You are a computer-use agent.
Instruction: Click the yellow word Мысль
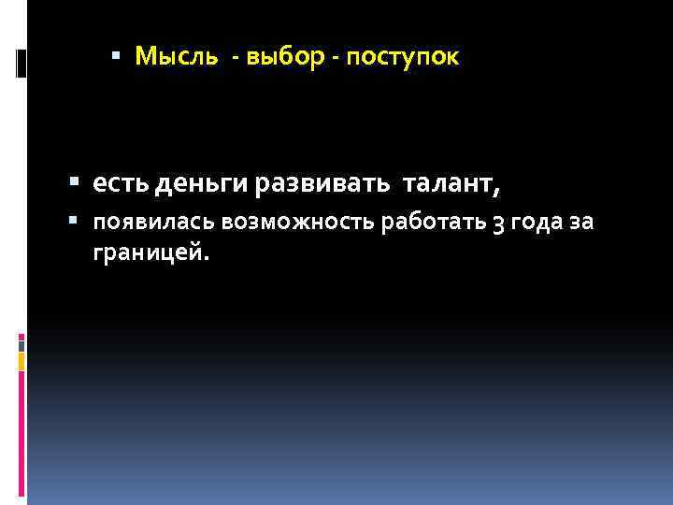[x=176, y=57]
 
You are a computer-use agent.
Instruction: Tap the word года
[x=539, y=223]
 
